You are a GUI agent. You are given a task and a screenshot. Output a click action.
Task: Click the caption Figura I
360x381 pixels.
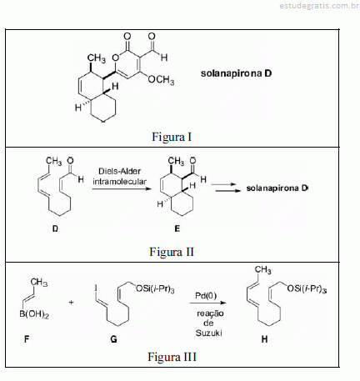point(172,137)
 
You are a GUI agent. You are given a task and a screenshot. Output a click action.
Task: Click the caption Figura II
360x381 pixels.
point(172,252)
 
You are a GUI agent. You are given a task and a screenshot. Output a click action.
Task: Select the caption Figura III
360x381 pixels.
point(172,357)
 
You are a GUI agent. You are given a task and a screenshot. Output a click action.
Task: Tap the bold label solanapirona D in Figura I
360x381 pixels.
point(236,73)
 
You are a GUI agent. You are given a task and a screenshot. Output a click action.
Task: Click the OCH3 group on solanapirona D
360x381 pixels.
point(161,80)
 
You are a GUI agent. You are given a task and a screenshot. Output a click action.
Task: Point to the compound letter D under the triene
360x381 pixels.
point(55,228)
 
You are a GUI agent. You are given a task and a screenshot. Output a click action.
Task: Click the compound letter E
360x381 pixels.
point(177,228)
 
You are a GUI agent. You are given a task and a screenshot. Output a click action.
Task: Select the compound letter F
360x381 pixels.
point(27,339)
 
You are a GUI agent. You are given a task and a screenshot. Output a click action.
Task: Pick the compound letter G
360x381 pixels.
point(113,339)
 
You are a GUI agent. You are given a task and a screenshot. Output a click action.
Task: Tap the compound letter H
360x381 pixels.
point(264,339)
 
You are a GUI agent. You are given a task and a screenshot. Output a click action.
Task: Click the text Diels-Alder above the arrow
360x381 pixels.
point(119,171)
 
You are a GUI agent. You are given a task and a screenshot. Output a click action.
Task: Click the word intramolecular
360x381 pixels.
point(119,182)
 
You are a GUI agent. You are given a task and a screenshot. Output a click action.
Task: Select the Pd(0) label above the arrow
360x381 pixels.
point(206,296)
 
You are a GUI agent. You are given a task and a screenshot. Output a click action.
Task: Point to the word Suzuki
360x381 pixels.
point(209,333)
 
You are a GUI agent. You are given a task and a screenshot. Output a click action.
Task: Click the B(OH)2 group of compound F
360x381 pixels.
point(34,314)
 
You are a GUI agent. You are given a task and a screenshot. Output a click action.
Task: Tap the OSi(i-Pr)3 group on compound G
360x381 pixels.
point(155,289)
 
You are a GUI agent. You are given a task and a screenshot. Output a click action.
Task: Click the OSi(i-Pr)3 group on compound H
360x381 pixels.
point(307,289)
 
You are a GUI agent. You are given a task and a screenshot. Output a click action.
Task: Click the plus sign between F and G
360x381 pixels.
point(72,302)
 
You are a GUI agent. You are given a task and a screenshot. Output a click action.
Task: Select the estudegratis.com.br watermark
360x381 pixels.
point(319,6)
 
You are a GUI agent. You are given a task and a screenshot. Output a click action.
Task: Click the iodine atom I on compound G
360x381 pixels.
point(96,288)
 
